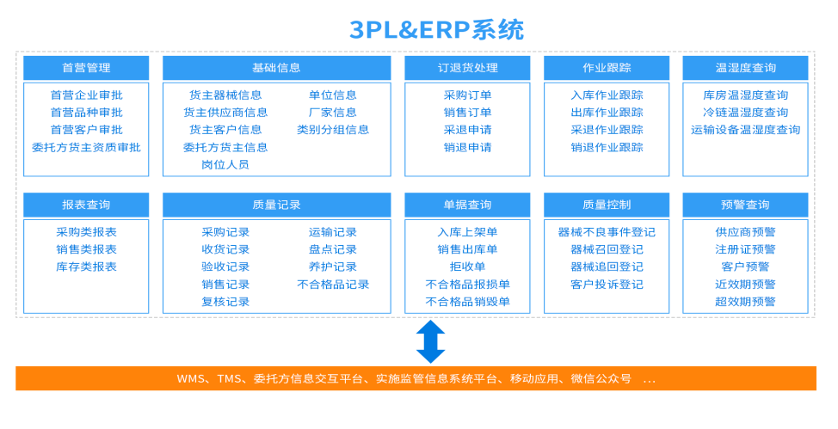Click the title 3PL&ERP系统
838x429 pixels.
coord(436,30)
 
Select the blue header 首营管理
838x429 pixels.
coord(86,68)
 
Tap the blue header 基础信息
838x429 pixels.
coord(276,68)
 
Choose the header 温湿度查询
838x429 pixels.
coord(745,68)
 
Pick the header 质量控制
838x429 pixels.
coord(607,205)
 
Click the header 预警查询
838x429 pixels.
coord(745,205)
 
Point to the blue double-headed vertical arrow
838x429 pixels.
coord(430,341)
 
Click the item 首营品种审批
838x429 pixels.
coord(86,113)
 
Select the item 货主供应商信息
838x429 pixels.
coord(225,113)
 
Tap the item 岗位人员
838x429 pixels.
coord(225,164)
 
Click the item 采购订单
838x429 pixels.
coord(467,95)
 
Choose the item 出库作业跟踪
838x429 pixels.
coord(607,113)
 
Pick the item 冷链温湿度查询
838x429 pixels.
coord(745,113)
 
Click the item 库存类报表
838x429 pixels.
coord(86,267)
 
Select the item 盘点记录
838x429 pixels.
coord(333,249)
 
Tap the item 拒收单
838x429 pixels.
coord(467,267)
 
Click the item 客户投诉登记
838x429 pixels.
coord(607,284)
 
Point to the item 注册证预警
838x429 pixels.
coord(745,249)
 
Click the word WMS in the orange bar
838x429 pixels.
coord(192,378)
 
